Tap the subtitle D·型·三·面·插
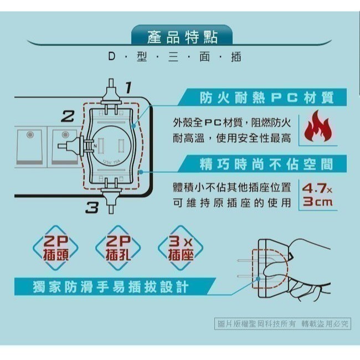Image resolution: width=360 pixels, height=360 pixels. tap(175, 57)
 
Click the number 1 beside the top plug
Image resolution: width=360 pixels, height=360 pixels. tap(128, 87)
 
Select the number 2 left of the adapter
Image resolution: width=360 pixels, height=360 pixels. tap(67, 116)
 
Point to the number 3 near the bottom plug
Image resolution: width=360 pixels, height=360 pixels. tap(91, 208)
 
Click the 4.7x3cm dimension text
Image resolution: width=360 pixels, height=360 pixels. tap(317, 194)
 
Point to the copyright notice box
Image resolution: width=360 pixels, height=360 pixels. tap(282, 323)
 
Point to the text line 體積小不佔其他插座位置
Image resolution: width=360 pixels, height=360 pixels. tap(232, 187)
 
